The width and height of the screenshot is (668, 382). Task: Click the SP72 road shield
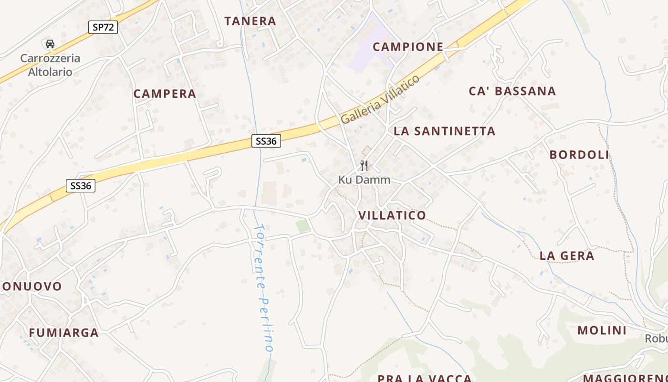click(103, 27)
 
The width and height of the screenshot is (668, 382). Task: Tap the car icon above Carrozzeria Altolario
click(50, 44)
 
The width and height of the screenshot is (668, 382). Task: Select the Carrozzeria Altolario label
click(50, 65)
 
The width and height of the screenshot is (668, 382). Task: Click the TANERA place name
click(250, 21)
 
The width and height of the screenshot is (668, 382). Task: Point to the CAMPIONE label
click(408, 47)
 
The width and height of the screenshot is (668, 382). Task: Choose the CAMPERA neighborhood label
click(165, 94)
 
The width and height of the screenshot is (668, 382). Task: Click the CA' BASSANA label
click(512, 91)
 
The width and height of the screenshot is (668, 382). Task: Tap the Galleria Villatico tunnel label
click(380, 99)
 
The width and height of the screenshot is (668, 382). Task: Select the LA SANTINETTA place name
click(445, 131)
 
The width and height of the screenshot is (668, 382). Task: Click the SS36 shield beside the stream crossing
click(266, 141)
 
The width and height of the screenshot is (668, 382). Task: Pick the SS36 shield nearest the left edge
click(80, 186)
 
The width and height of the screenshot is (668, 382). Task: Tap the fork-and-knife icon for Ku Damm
click(364, 166)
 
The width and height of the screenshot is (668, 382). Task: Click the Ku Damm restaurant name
click(364, 180)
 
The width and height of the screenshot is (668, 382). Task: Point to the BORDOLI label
click(579, 155)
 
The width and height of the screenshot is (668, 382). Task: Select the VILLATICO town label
click(392, 215)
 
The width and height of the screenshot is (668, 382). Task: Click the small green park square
click(303, 226)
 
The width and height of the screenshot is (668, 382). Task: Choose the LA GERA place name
click(567, 256)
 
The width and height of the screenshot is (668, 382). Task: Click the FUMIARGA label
click(64, 333)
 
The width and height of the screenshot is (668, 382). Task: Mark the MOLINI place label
click(602, 330)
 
